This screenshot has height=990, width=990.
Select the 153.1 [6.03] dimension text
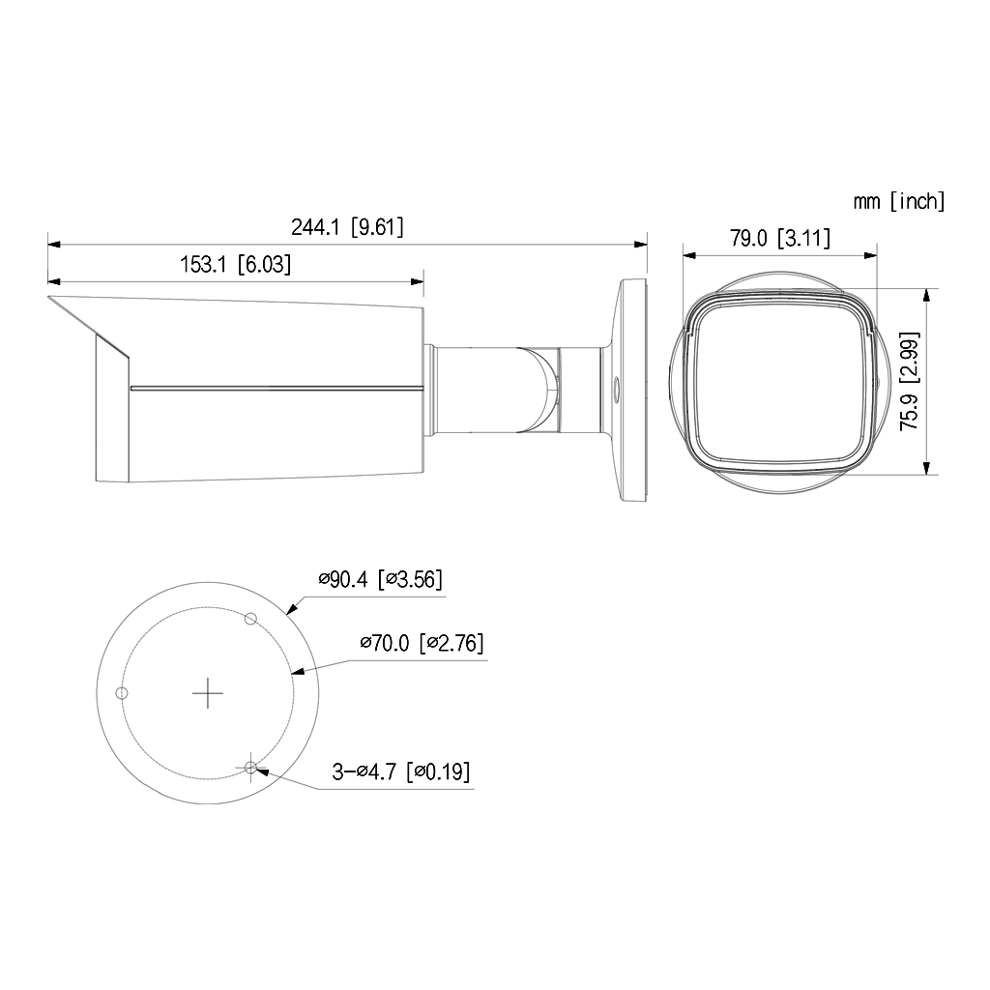click(x=235, y=264)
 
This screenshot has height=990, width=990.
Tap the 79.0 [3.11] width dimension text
click(x=779, y=238)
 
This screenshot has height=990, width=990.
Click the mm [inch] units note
click(x=898, y=201)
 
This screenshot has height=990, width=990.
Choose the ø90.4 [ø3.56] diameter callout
click(x=380, y=580)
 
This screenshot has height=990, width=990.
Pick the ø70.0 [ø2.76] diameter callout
click(x=422, y=643)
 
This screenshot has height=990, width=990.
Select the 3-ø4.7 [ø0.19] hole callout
click(x=401, y=772)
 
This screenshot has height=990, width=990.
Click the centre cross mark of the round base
click(x=208, y=692)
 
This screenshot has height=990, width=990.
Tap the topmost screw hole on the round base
click(x=250, y=619)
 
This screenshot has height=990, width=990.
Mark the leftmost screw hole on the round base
click(x=122, y=692)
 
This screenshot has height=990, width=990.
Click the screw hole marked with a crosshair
click(x=251, y=768)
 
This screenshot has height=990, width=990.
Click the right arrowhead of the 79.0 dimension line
click(x=873, y=255)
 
